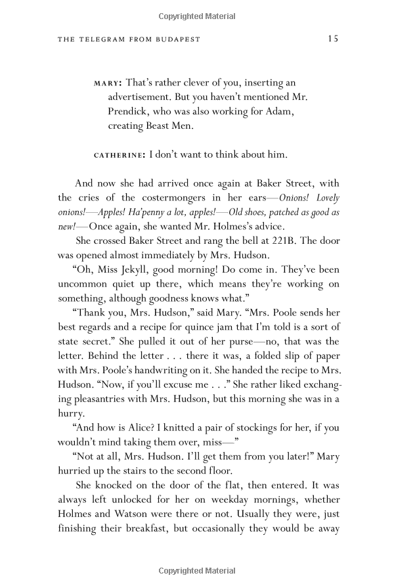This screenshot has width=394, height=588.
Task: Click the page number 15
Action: [x=332, y=39]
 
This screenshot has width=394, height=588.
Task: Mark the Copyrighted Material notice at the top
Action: [x=196, y=12]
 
